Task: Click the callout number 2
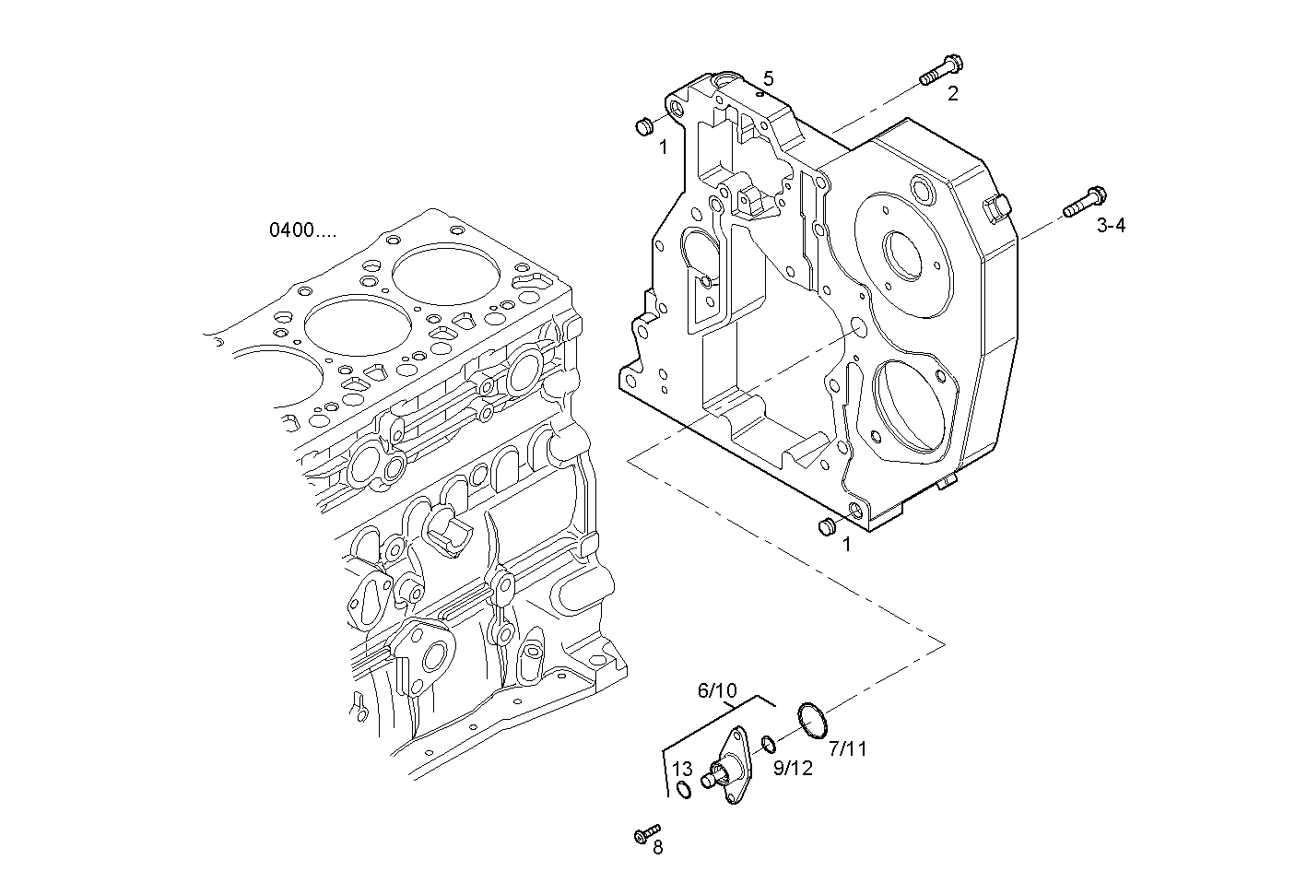point(952,93)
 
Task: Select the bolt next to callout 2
point(941,71)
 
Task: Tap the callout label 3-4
point(1111,225)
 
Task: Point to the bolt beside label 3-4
point(1085,203)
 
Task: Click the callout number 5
point(768,79)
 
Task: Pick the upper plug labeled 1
point(645,125)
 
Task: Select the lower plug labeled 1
point(827,526)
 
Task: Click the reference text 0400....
point(302,230)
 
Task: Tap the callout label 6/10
point(717,690)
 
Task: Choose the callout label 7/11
point(848,748)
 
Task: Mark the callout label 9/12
point(793,767)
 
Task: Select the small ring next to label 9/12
point(768,742)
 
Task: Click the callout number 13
point(681,770)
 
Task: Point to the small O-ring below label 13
point(682,790)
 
